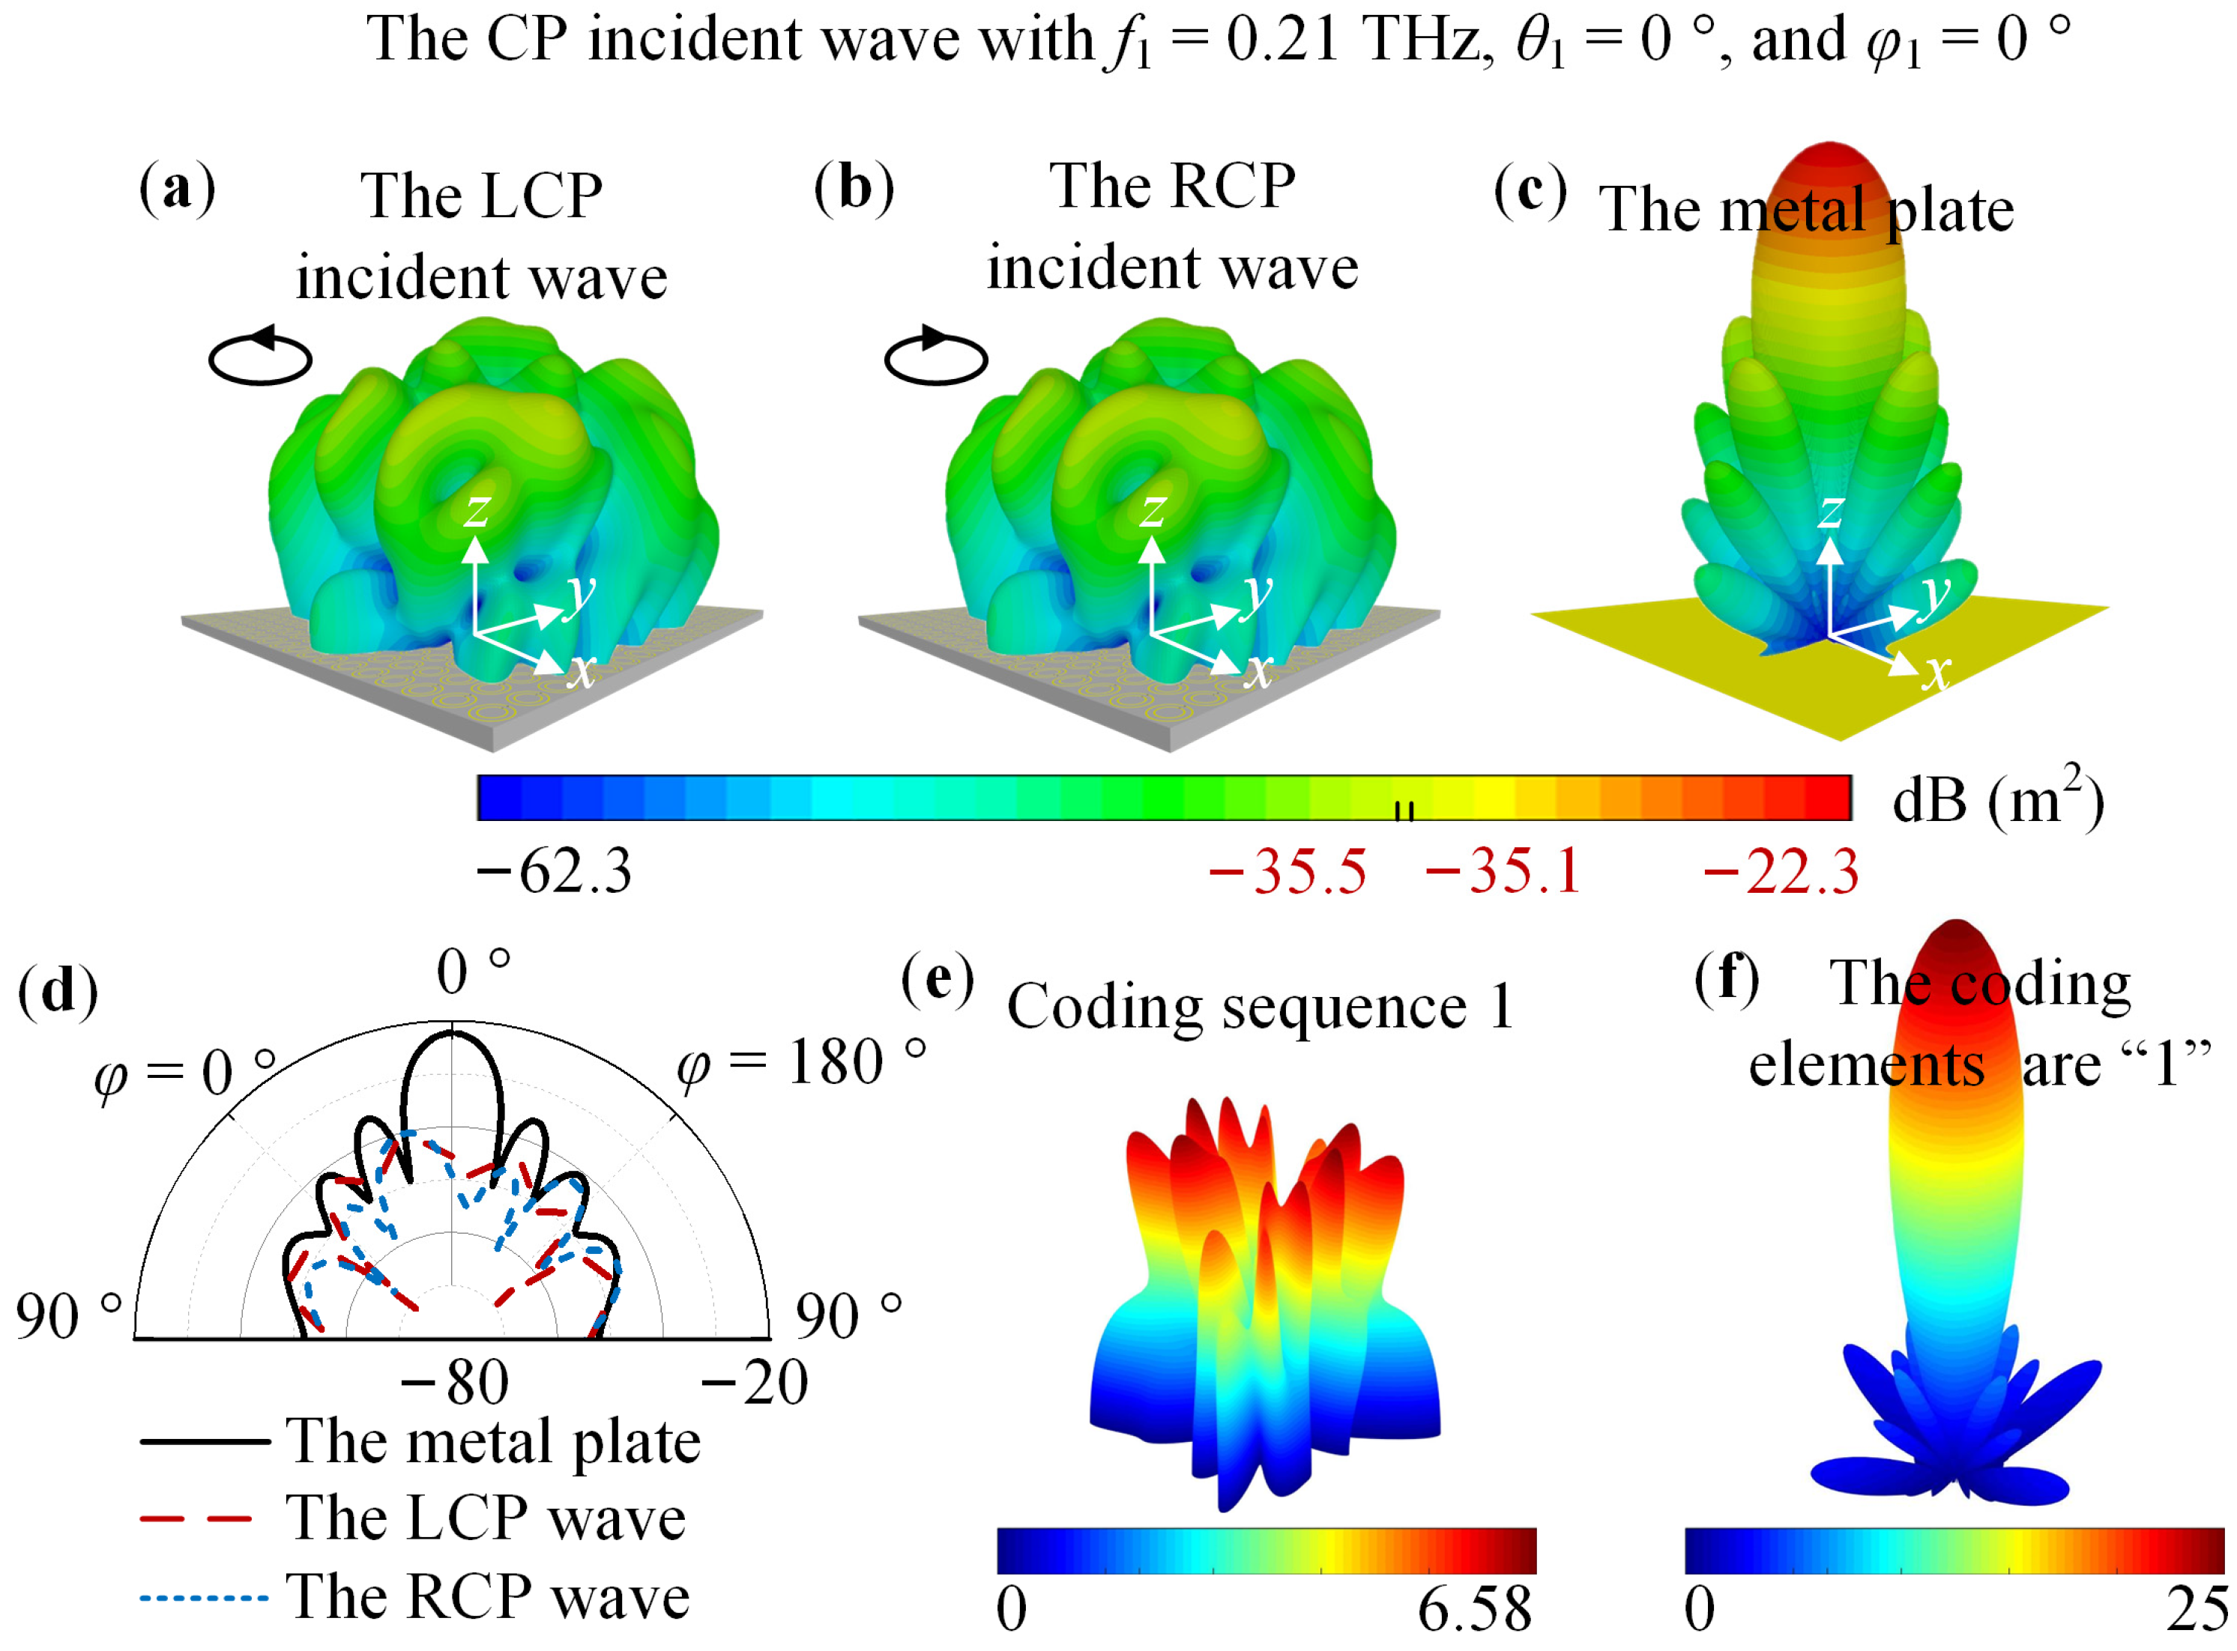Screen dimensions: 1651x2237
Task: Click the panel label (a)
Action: point(177,189)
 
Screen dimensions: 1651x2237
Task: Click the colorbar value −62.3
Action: point(555,871)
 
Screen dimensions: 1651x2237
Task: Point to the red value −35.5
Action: point(1287,871)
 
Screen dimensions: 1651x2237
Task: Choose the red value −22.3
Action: point(1780,871)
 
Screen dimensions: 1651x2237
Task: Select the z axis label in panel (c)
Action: point(1830,512)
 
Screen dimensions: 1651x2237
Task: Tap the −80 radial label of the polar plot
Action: point(455,1383)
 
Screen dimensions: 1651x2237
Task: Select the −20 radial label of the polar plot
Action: point(755,1383)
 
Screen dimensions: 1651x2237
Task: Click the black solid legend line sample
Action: point(205,1441)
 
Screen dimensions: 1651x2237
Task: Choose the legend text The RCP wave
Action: point(488,1596)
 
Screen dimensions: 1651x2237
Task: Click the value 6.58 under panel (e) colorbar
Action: point(1474,1610)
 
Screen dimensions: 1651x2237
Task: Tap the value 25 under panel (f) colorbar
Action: point(2197,1610)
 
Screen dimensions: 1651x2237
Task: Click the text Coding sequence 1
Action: point(1260,1006)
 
